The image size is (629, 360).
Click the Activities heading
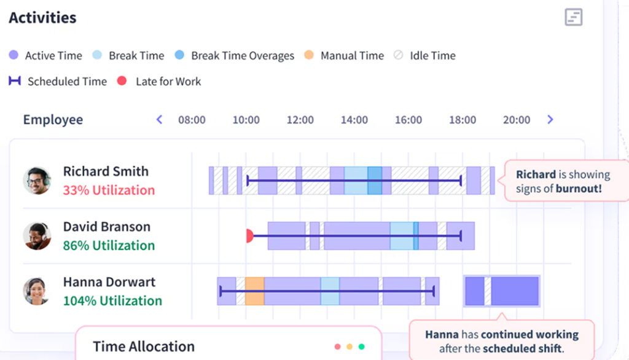(x=42, y=17)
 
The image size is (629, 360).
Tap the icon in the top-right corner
(x=573, y=17)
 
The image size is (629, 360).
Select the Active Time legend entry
(x=46, y=55)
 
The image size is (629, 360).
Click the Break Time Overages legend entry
(x=235, y=55)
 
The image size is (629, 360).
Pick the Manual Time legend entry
(x=344, y=55)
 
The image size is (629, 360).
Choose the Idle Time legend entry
(x=425, y=55)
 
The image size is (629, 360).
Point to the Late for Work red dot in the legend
(x=122, y=80)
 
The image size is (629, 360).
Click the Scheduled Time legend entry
(x=58, y=81)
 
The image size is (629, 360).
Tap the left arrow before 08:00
(x=159, y=119)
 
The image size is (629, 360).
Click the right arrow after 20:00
(x=550, y=119)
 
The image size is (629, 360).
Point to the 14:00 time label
(x=354, y=120)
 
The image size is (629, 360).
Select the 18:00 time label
(x=463, y=120)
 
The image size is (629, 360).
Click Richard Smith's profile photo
(x=37, y=181)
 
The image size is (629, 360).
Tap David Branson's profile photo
(x=37, y=236)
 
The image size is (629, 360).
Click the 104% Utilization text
(x=112, y=300)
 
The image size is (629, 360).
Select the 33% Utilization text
(x=109, y=190)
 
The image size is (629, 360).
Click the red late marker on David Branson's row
(x=249, y=236)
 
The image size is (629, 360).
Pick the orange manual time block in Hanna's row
(x=254, y=291)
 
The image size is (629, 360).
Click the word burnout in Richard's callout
(x=579, y=189)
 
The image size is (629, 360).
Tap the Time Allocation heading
(x=144, y=346)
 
